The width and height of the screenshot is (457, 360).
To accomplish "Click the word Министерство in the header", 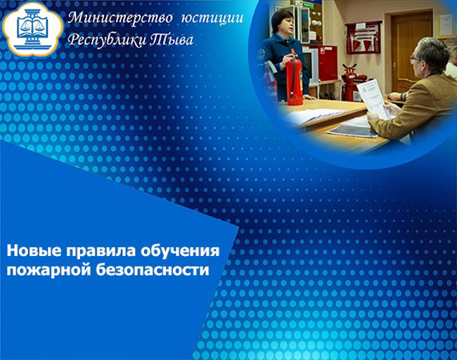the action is coord(120,18).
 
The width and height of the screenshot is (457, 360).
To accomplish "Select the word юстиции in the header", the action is coord(212,18).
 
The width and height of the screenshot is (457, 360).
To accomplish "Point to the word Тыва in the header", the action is coord(172,39).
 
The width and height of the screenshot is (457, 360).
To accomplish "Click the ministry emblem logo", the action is coord(32,28).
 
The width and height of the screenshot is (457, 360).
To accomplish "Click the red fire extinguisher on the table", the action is coord(295,78).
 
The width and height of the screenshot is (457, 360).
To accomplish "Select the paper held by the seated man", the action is coord(373,98).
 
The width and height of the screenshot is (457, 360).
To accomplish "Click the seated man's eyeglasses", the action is coord(414,58).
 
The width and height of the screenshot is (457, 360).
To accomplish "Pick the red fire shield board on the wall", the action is coord(363,38).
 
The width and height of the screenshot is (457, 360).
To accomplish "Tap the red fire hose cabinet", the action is coord(328,63).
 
